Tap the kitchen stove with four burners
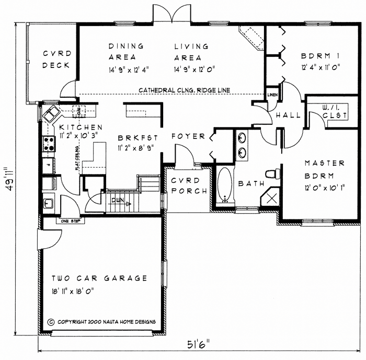[x=49, y=143]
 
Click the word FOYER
[x=188, y=136]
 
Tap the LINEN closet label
[x=272, y=95]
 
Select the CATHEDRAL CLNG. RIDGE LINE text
[x=184, y=90]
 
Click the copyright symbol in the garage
[x=51, y=322]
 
